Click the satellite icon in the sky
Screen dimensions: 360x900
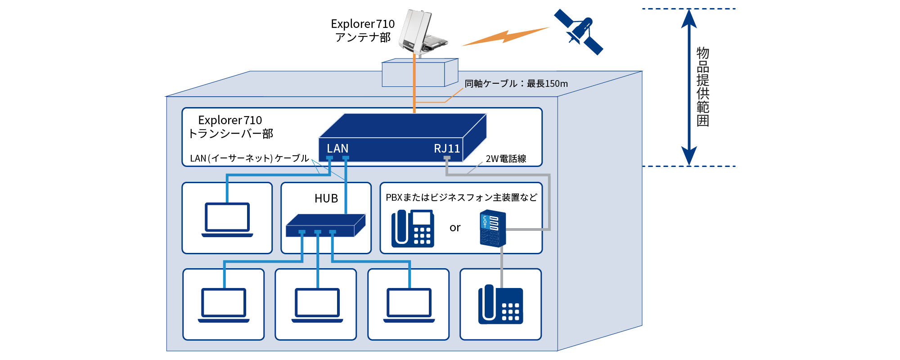(x=579, y=31)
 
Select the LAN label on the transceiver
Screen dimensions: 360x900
(x=337, y=148)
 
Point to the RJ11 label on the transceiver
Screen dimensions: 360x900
(x=446, y=148)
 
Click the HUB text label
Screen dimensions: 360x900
(x=326, y=198)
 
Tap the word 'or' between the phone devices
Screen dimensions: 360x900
(x=455, y=228)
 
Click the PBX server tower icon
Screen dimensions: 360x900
(x=493, y=228)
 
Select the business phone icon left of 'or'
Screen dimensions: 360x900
(x=413, y=229)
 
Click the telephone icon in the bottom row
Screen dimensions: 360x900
(x=500, y=305)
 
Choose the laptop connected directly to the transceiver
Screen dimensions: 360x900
(x=227, y=220)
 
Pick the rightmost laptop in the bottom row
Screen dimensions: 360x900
(x=409, y=305)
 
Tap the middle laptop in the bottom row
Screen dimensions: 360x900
(x=317, y=305)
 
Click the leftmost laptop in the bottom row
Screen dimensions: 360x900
(x=224, y=305)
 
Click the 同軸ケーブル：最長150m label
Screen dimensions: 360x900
(x=516, y=84)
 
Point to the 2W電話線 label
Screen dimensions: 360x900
(x=506, y=159)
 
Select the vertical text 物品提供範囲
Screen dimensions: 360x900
(x=703, y=86)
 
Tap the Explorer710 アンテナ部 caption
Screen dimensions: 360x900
(x=363, y=31)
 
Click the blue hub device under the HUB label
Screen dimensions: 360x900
(x=325, y=225)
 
